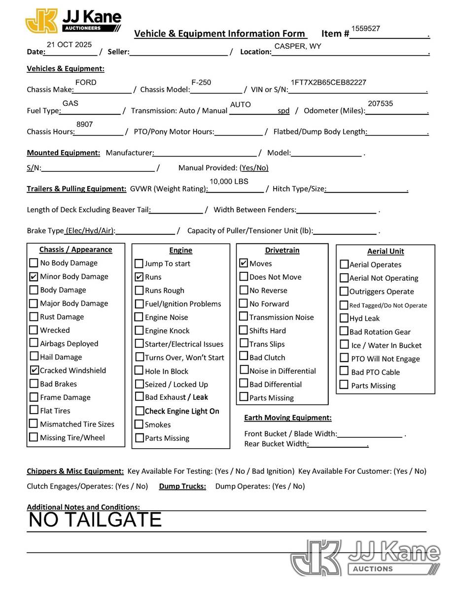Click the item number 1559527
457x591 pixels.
coord(365,29)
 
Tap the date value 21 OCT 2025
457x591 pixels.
coord(69,44)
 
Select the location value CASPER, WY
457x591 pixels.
coord(298,46)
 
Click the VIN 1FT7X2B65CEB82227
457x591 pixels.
coord(328,82)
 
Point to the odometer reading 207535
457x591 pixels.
coord(380,103)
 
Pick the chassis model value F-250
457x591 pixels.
coord(201,82)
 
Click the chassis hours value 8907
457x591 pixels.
coord(84,125)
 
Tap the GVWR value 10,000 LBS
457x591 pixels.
coord(229,181)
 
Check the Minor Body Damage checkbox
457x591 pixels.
coord(34,277)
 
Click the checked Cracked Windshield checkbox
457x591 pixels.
coord(34,370)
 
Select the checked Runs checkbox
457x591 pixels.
coord(139,277)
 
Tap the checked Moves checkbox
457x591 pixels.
coord(244,263)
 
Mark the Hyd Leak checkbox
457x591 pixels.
coord(344,318)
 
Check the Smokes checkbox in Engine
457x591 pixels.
coord(139,425)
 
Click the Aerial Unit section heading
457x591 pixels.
coord(385,251)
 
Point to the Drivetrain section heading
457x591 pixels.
coord(282,250)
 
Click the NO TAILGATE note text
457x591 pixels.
coord(95,520)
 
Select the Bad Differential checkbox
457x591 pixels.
coord(244,384)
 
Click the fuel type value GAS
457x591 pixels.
coord(70,103)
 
